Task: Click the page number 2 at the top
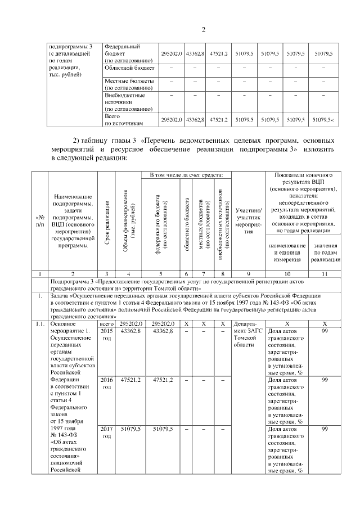[x=204, y=30]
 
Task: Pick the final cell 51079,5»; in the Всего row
[x=324, y=119]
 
